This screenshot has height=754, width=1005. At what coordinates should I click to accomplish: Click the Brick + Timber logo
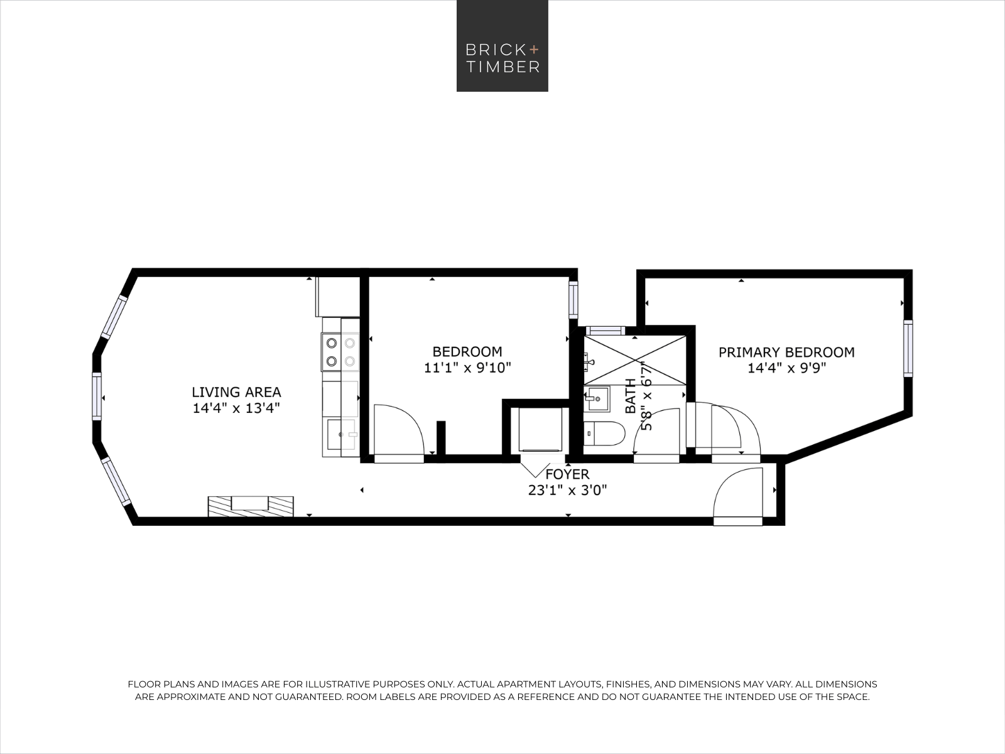pos(503,46)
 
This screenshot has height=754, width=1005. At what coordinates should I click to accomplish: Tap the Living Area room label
pos(236,392)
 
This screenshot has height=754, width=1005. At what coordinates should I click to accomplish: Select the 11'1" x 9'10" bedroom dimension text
pos(467,368)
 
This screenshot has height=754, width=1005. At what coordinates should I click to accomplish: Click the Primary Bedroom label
pos(786,352)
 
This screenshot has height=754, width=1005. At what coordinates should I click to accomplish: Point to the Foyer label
pos(567,474)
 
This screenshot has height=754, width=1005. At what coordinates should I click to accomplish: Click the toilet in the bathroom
pos(604,433)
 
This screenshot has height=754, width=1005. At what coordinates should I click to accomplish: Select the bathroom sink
pos(597,399)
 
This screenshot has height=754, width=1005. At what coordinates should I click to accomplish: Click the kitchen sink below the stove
pos(342,434)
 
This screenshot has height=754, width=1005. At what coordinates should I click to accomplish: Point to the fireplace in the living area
pos(251,506)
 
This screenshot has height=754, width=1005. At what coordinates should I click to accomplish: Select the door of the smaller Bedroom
pos(399,434)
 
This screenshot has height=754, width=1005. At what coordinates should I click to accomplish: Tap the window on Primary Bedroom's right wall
pos(908,348)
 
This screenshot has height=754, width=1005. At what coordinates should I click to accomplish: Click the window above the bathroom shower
pos(606,331)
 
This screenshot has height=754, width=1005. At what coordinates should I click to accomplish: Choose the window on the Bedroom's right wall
pos(573,300)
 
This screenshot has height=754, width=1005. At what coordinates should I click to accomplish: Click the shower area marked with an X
pos(634,360)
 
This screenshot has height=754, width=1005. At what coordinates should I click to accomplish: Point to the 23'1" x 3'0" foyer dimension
pos(567,490)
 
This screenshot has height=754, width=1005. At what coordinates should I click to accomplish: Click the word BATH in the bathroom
pos(631,396)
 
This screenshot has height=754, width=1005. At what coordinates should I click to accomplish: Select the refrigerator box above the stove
pos(337,297)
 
